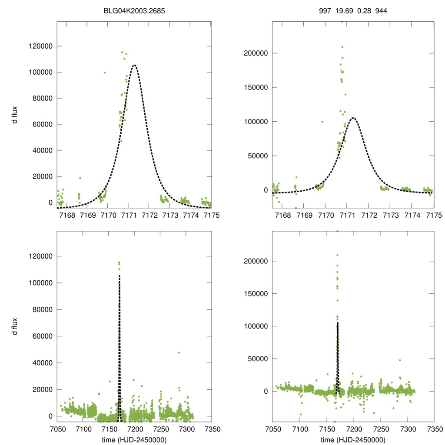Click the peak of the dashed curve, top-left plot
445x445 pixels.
(134, 65)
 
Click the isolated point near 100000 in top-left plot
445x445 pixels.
(105, 73)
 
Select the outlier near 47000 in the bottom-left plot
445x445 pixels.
(179, 352)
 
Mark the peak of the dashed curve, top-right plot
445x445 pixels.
(353, 118)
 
